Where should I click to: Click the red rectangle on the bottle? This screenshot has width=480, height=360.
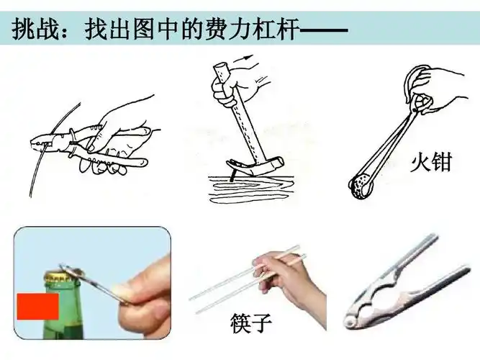point(37,306)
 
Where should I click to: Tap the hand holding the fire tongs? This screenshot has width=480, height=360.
point(432,90)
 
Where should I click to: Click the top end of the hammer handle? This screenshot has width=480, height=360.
point(221,71)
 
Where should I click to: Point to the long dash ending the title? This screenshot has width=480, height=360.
point(323,30)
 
